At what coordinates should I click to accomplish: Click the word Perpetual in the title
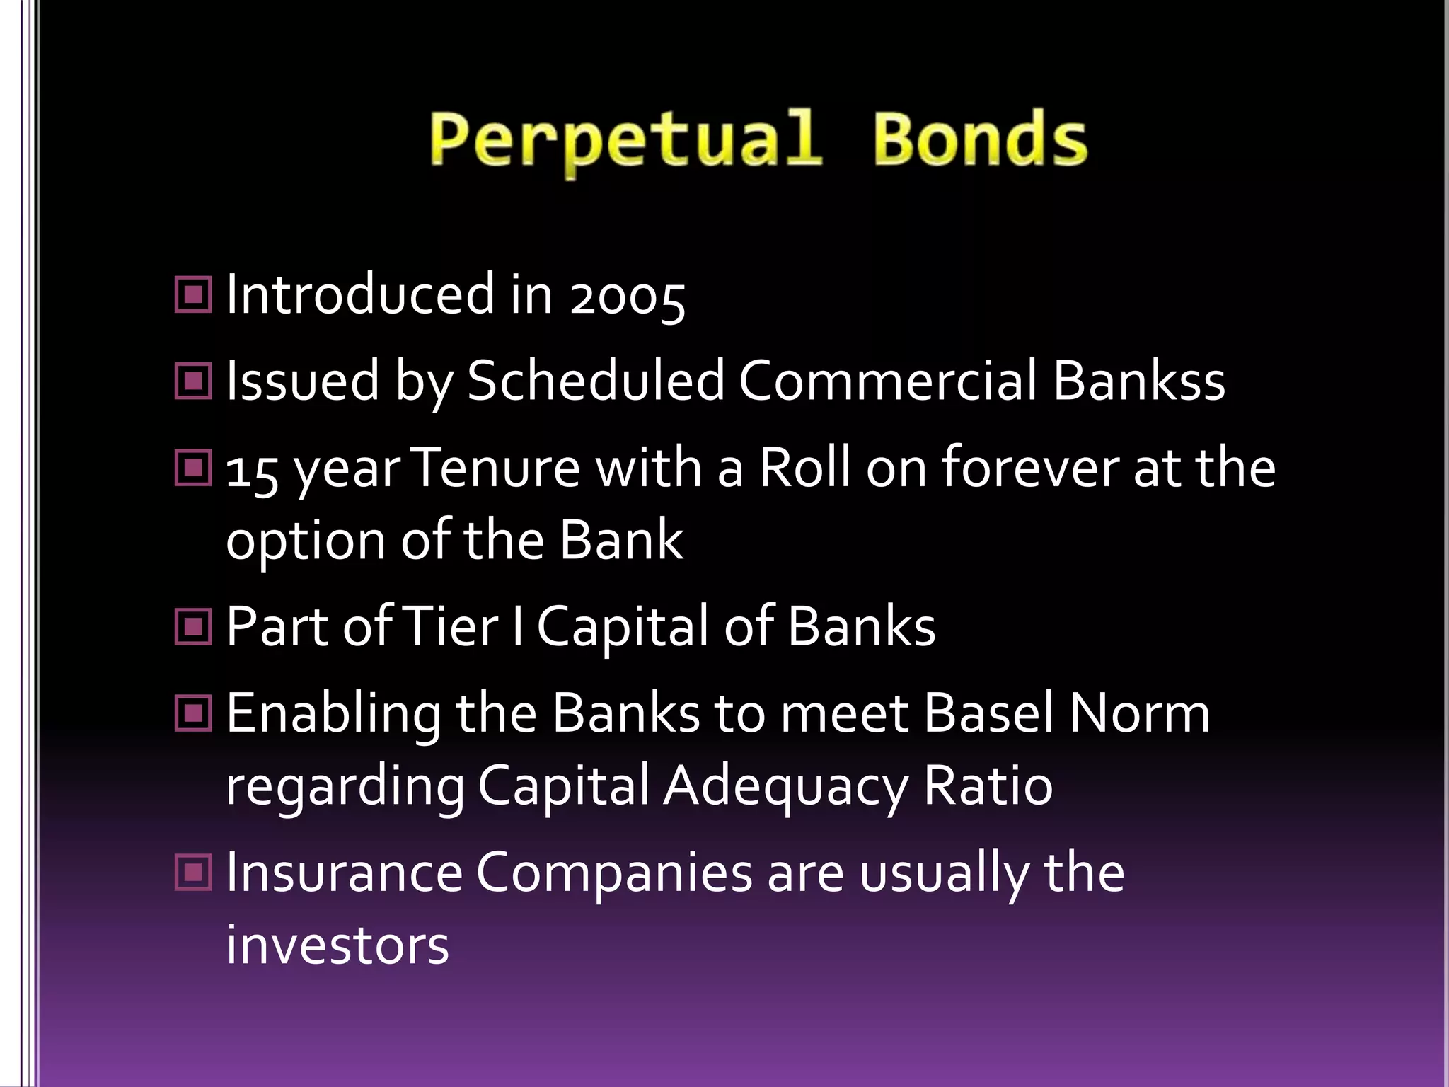coord(625,142)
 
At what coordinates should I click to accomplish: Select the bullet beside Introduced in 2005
coord(193,294)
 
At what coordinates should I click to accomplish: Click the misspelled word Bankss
coord(1138,381)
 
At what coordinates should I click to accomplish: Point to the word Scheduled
coord(596,381)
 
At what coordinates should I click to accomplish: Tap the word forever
coord(1029,468)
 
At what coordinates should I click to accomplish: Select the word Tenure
coord(495,468)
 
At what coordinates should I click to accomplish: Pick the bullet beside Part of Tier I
coord(193,626)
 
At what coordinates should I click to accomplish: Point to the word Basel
coord(989,713)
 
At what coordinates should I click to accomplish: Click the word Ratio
coord(988,786)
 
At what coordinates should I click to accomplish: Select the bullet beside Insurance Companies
coord(193,872)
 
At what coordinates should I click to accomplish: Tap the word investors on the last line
coord(337,945)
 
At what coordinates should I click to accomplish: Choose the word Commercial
coord(888,381)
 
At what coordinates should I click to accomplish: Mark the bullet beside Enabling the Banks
coord(193,713)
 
